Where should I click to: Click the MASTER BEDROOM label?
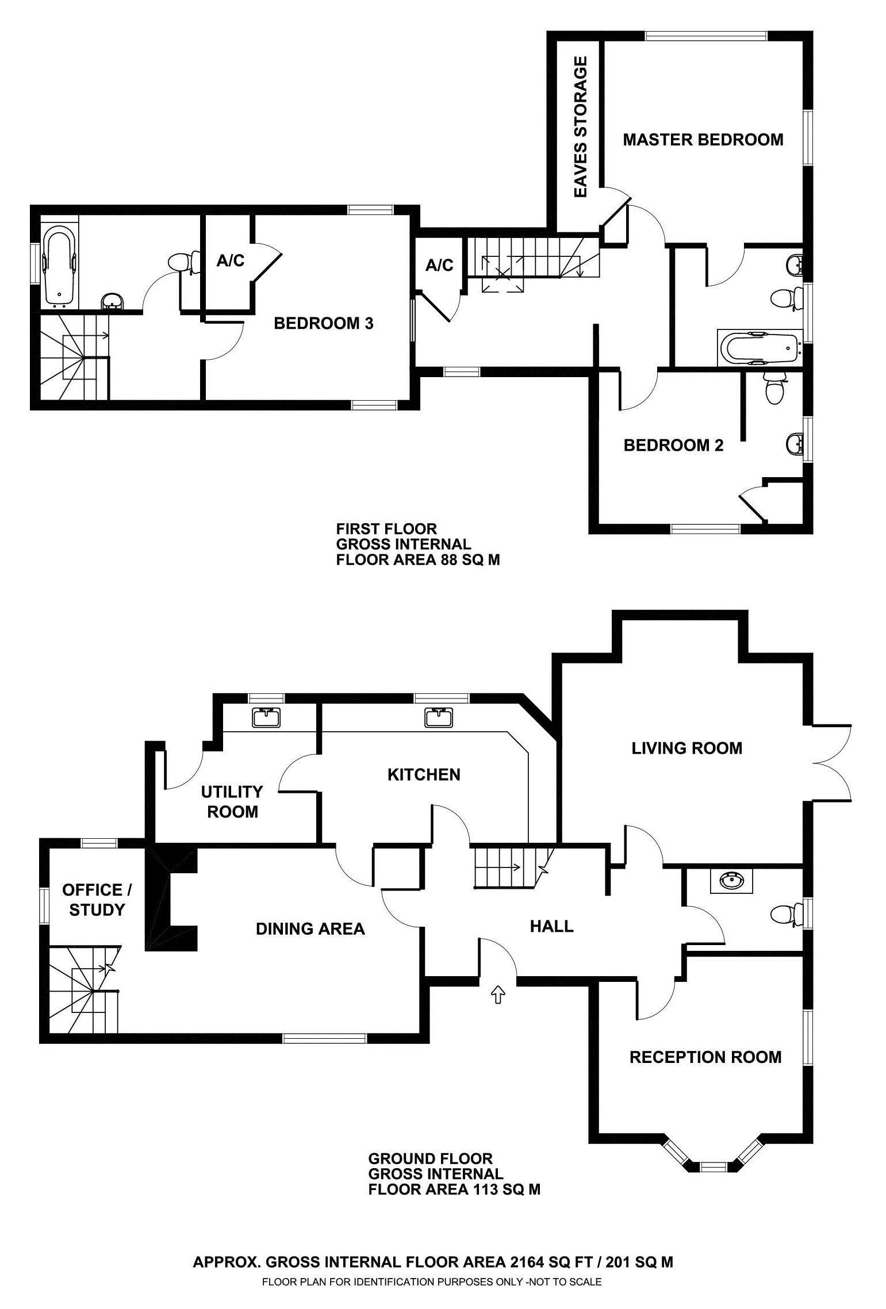(703, 140)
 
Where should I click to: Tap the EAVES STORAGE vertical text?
(581, 127)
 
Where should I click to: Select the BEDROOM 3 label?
(323, 324)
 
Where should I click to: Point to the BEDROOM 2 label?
(673, 446)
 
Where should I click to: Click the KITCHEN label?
(424, 775)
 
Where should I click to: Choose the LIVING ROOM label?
(686, 748)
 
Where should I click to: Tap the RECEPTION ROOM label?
(705, 1057)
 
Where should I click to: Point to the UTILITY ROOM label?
(232, 802)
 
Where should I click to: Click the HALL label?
(551, 926)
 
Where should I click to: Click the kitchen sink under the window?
(439, 718)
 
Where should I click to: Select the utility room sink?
(266, 718)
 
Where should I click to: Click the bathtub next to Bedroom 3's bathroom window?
(60, 265)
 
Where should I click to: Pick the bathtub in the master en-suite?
(759, 347)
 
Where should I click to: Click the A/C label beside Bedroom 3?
(231, 261)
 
